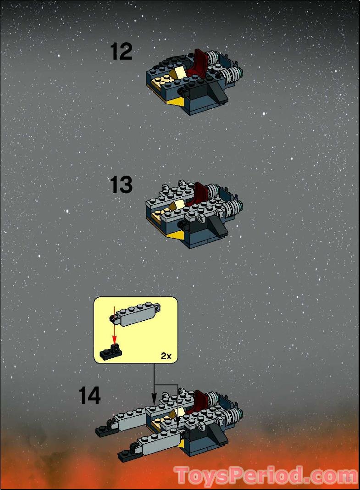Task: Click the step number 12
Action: pyautogui.click(x=122, y=51)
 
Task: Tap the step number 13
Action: pyautogui.click(x=122, y=185)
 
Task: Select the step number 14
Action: pyautogui.click(x=89, y=395)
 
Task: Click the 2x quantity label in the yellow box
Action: pyautogui.click(x=166, y=356)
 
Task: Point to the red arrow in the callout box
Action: pyautogui.click(x=114, y=328)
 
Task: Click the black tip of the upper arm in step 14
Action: pyautogui.click(x=102, y=431)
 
